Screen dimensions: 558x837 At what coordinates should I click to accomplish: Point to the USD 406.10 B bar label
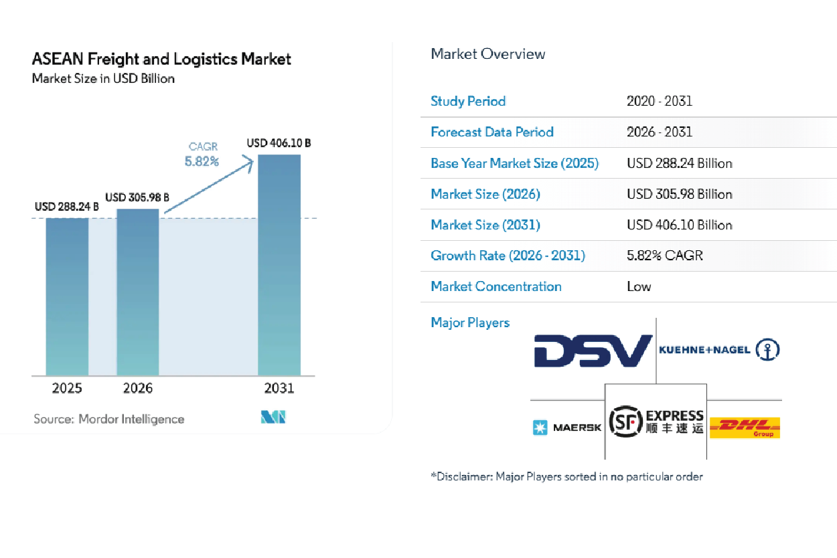click(279, 143)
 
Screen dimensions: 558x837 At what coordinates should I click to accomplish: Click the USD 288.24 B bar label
click(67, 207)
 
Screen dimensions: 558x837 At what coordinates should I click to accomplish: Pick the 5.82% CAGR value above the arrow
click(202, 161)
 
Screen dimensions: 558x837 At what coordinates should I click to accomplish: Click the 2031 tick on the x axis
click(279, 389)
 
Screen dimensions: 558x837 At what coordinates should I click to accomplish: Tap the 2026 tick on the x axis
click(138, 389)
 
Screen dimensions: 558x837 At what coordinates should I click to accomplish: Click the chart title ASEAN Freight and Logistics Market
click(161, 59)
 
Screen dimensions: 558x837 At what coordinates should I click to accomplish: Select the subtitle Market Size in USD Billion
click(103, 78)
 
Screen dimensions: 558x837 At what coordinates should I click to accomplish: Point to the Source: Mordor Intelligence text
click(109, 419)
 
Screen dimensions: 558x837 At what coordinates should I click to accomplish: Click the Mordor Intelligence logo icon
click(273, 418)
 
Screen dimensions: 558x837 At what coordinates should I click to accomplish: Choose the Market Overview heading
click(488, 54)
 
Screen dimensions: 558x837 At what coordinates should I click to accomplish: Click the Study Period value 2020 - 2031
click(660, 101)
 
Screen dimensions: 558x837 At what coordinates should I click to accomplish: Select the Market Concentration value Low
click(639, 286)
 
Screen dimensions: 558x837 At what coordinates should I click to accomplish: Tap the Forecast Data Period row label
click(492, 132)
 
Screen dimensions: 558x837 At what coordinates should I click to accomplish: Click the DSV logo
click(593, 351)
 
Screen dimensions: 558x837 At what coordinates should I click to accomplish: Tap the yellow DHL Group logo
click(745, 427)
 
